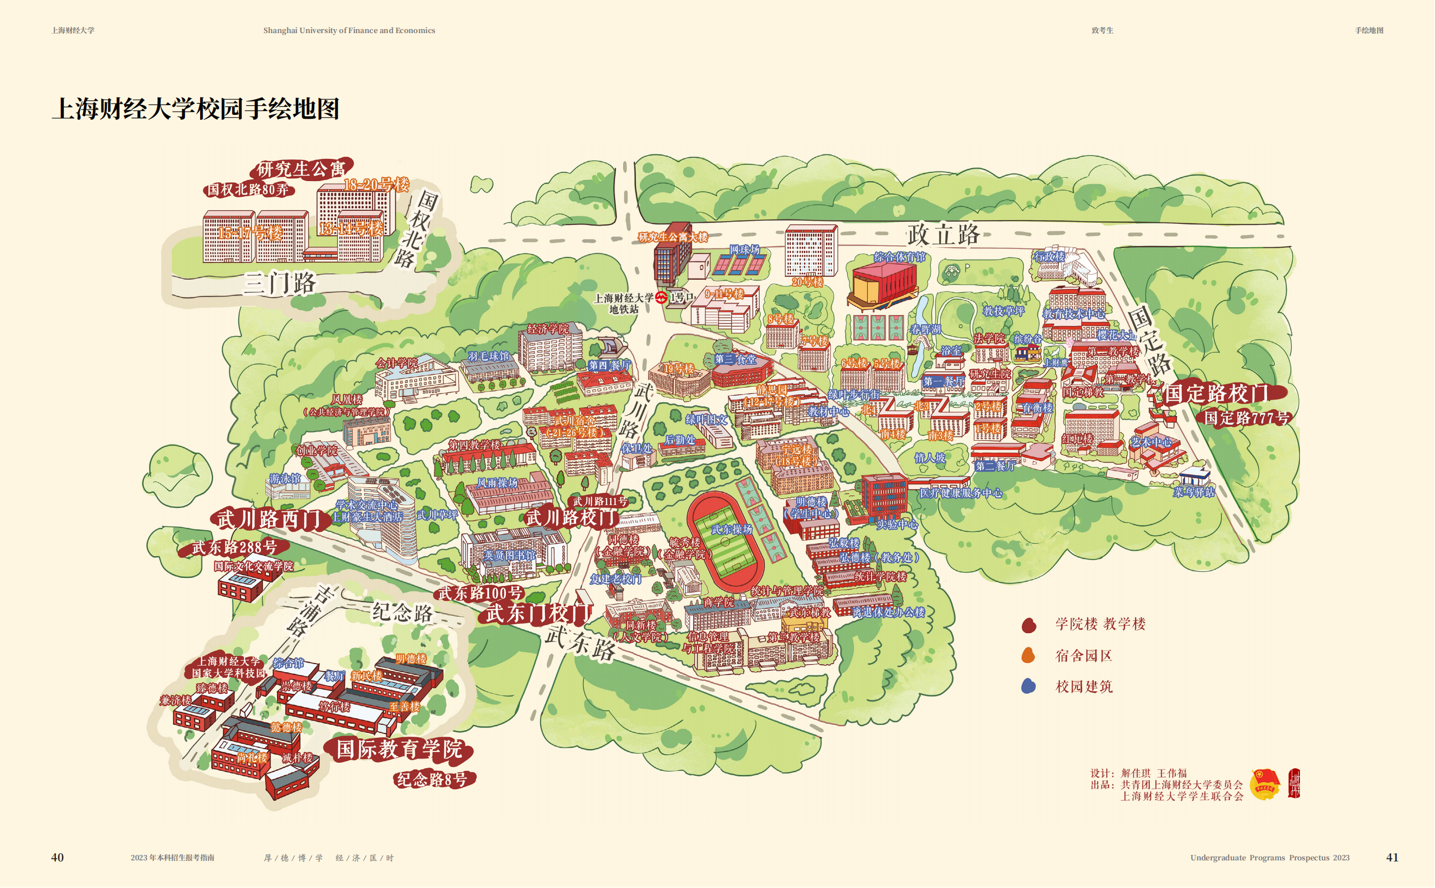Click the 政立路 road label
943,235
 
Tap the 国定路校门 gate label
1216,394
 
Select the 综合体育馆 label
899,257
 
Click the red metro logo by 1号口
662,298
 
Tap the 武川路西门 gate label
269,519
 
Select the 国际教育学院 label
400,749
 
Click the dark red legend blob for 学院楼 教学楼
1028,626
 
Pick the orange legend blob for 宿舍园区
1028,656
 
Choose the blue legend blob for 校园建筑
1028,686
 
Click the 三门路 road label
280,284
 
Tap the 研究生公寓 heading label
301,169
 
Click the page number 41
1392,858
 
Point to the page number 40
57,858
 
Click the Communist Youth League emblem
1265,783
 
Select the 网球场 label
744,249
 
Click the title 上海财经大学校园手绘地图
196,108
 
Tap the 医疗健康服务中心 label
960,493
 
